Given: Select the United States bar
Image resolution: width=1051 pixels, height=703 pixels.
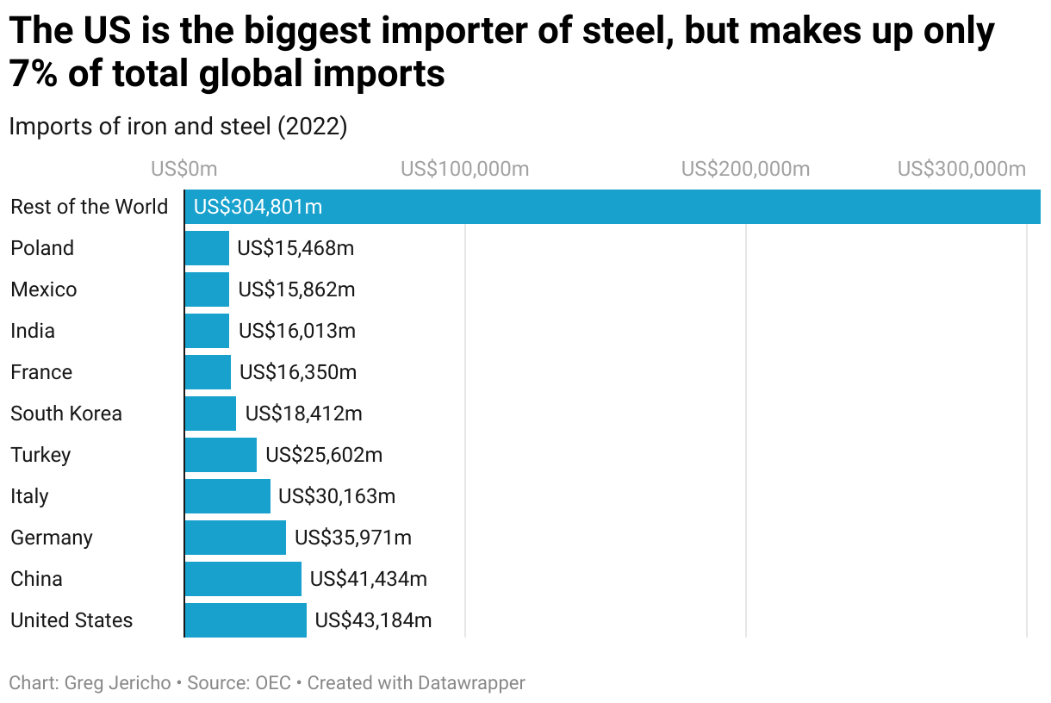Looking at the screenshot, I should [246, 620].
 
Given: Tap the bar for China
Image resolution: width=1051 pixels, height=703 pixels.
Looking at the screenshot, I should [243, 579].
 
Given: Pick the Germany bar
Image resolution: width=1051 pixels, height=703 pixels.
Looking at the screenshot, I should [235, 538].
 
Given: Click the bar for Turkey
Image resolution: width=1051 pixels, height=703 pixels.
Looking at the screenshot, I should [221, 455].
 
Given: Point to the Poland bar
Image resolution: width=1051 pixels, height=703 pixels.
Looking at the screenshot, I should [207, 248].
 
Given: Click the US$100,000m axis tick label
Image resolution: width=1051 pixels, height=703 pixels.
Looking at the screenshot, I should [465, 169].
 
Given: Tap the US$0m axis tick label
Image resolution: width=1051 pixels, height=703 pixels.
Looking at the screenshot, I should [184, 169].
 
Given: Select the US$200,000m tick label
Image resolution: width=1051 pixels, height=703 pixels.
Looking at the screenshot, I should [745, 169].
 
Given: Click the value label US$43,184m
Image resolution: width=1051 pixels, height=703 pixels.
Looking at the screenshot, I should [373, 620].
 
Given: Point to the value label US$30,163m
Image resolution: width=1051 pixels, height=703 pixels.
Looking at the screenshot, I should [337, 496].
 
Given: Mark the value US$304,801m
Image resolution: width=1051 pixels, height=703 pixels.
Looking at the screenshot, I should [258, 207].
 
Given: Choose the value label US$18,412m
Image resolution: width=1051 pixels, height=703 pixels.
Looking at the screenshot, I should [304, 414].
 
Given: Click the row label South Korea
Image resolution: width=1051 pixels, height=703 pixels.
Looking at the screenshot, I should [66, 414].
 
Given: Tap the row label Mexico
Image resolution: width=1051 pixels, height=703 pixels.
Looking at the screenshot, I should [44, 289].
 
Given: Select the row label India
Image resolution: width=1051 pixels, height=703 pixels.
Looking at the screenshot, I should [33, 331].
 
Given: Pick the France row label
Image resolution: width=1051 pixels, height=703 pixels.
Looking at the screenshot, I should [41, 372].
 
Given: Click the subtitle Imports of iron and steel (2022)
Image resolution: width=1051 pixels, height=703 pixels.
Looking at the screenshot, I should [178, 127].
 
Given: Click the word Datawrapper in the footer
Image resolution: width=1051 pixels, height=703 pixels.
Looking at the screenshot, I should [471, 683].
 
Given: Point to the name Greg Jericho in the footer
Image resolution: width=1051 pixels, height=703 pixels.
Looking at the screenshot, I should [116, 683].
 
